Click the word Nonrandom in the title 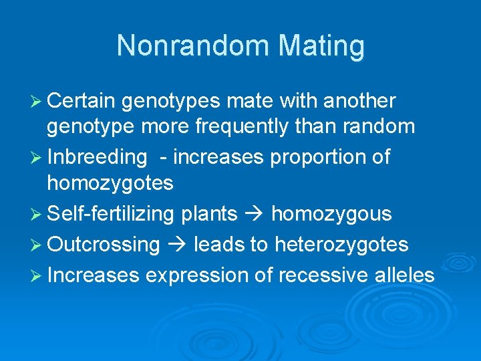coord(192,46)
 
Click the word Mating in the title coord(321,46)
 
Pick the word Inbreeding coord(97,158)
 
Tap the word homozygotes coord(110,183)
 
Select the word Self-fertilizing coord(113,214)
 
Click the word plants coord(209,214)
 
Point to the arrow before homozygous coord(255,215)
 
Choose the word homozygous coord(331,214)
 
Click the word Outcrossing coord(104,245)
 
